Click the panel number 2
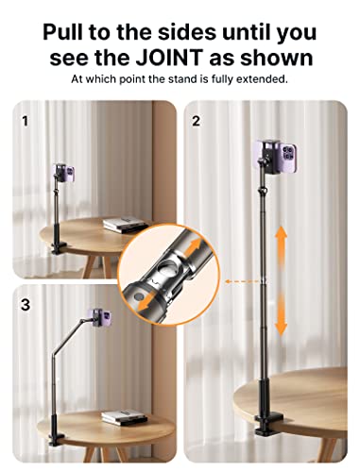[197, 122]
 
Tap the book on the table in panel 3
[117, 416]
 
